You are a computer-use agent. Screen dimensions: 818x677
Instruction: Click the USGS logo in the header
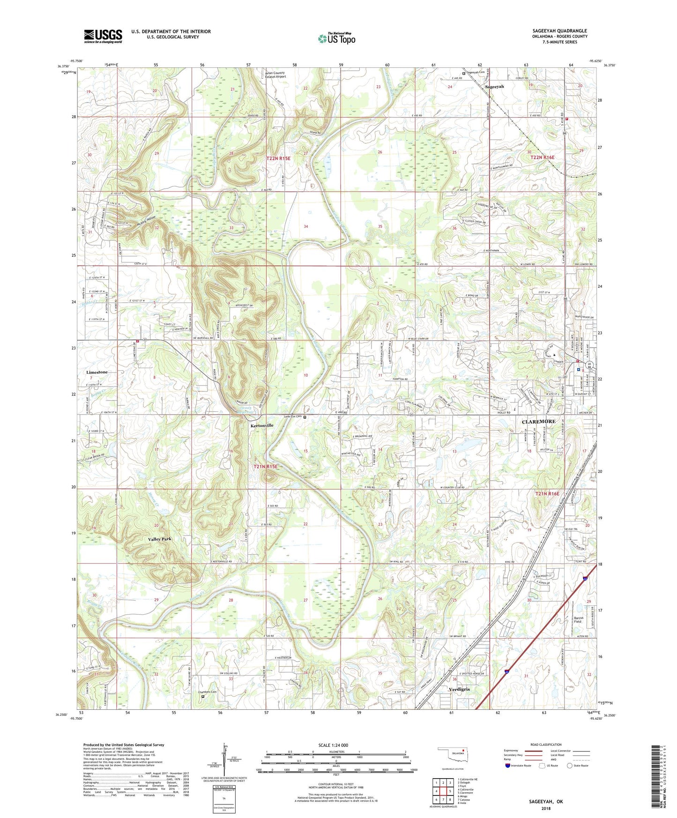pos(103,36)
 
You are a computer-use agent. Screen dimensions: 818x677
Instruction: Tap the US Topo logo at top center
pos(336,38)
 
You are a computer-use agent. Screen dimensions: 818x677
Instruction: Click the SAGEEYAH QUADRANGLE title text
pos(559,31)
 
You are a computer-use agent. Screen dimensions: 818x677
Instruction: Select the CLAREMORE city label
pos(538,422)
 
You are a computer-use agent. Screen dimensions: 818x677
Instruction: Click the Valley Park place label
pos(160,539)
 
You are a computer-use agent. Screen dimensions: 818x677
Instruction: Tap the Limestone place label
pos(97,372)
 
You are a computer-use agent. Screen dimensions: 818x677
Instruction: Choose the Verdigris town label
pos(459,690)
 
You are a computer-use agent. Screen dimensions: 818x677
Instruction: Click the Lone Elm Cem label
pos(293,416)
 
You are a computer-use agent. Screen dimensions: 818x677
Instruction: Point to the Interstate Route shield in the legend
pos(508,766)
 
